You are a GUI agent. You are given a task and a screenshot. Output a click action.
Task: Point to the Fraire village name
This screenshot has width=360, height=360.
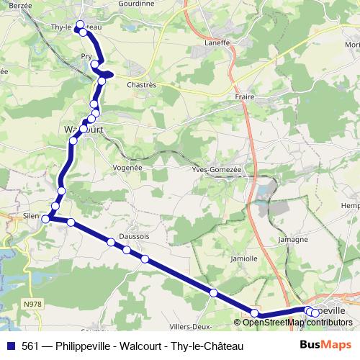tap(245, 96)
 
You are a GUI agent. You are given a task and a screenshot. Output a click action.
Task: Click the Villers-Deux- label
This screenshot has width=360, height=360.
tap(191, 305)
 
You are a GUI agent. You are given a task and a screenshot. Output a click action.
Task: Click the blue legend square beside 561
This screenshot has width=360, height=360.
tap(10, 346)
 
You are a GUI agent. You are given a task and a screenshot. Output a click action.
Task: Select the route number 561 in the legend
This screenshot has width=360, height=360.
tap(30, 346)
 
